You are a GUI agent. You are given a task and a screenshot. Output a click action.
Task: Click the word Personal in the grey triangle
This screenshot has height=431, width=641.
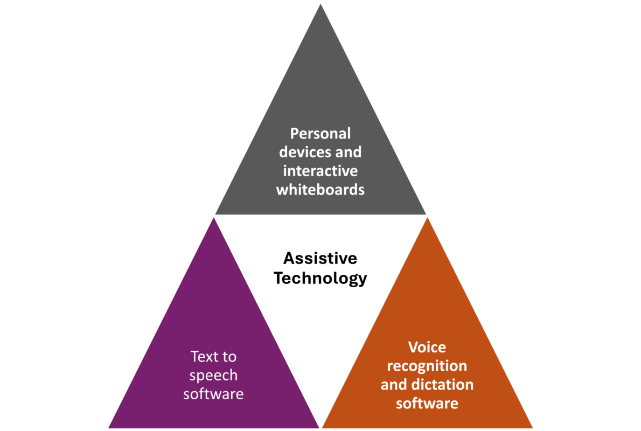pos(320,133)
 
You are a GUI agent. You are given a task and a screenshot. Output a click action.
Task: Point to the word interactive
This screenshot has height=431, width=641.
pos(320,171)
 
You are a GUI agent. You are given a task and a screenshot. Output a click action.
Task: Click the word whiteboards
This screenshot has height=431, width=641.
pos(320,190)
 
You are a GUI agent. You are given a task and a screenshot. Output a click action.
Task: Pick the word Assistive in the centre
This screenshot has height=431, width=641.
pos(320,258)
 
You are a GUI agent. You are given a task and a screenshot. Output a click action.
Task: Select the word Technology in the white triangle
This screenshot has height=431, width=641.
pos(320,278)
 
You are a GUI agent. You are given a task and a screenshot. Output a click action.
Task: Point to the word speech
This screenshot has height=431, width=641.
pos(213,376)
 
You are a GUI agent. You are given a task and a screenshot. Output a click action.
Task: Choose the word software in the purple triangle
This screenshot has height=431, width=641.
pos(213,394)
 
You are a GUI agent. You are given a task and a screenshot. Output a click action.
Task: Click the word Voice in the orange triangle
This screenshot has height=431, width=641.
pos(427,347)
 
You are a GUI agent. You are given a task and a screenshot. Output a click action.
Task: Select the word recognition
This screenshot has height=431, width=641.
pos(427,366)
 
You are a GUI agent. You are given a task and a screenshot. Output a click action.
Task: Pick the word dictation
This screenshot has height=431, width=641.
pos(441,385)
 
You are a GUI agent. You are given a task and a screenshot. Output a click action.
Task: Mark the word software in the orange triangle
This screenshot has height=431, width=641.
pos(427,403)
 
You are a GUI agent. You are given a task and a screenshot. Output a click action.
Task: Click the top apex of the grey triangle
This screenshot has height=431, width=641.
pos(321,3)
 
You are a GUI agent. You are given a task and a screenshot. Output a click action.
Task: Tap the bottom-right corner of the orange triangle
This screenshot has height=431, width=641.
pos(533,428)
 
